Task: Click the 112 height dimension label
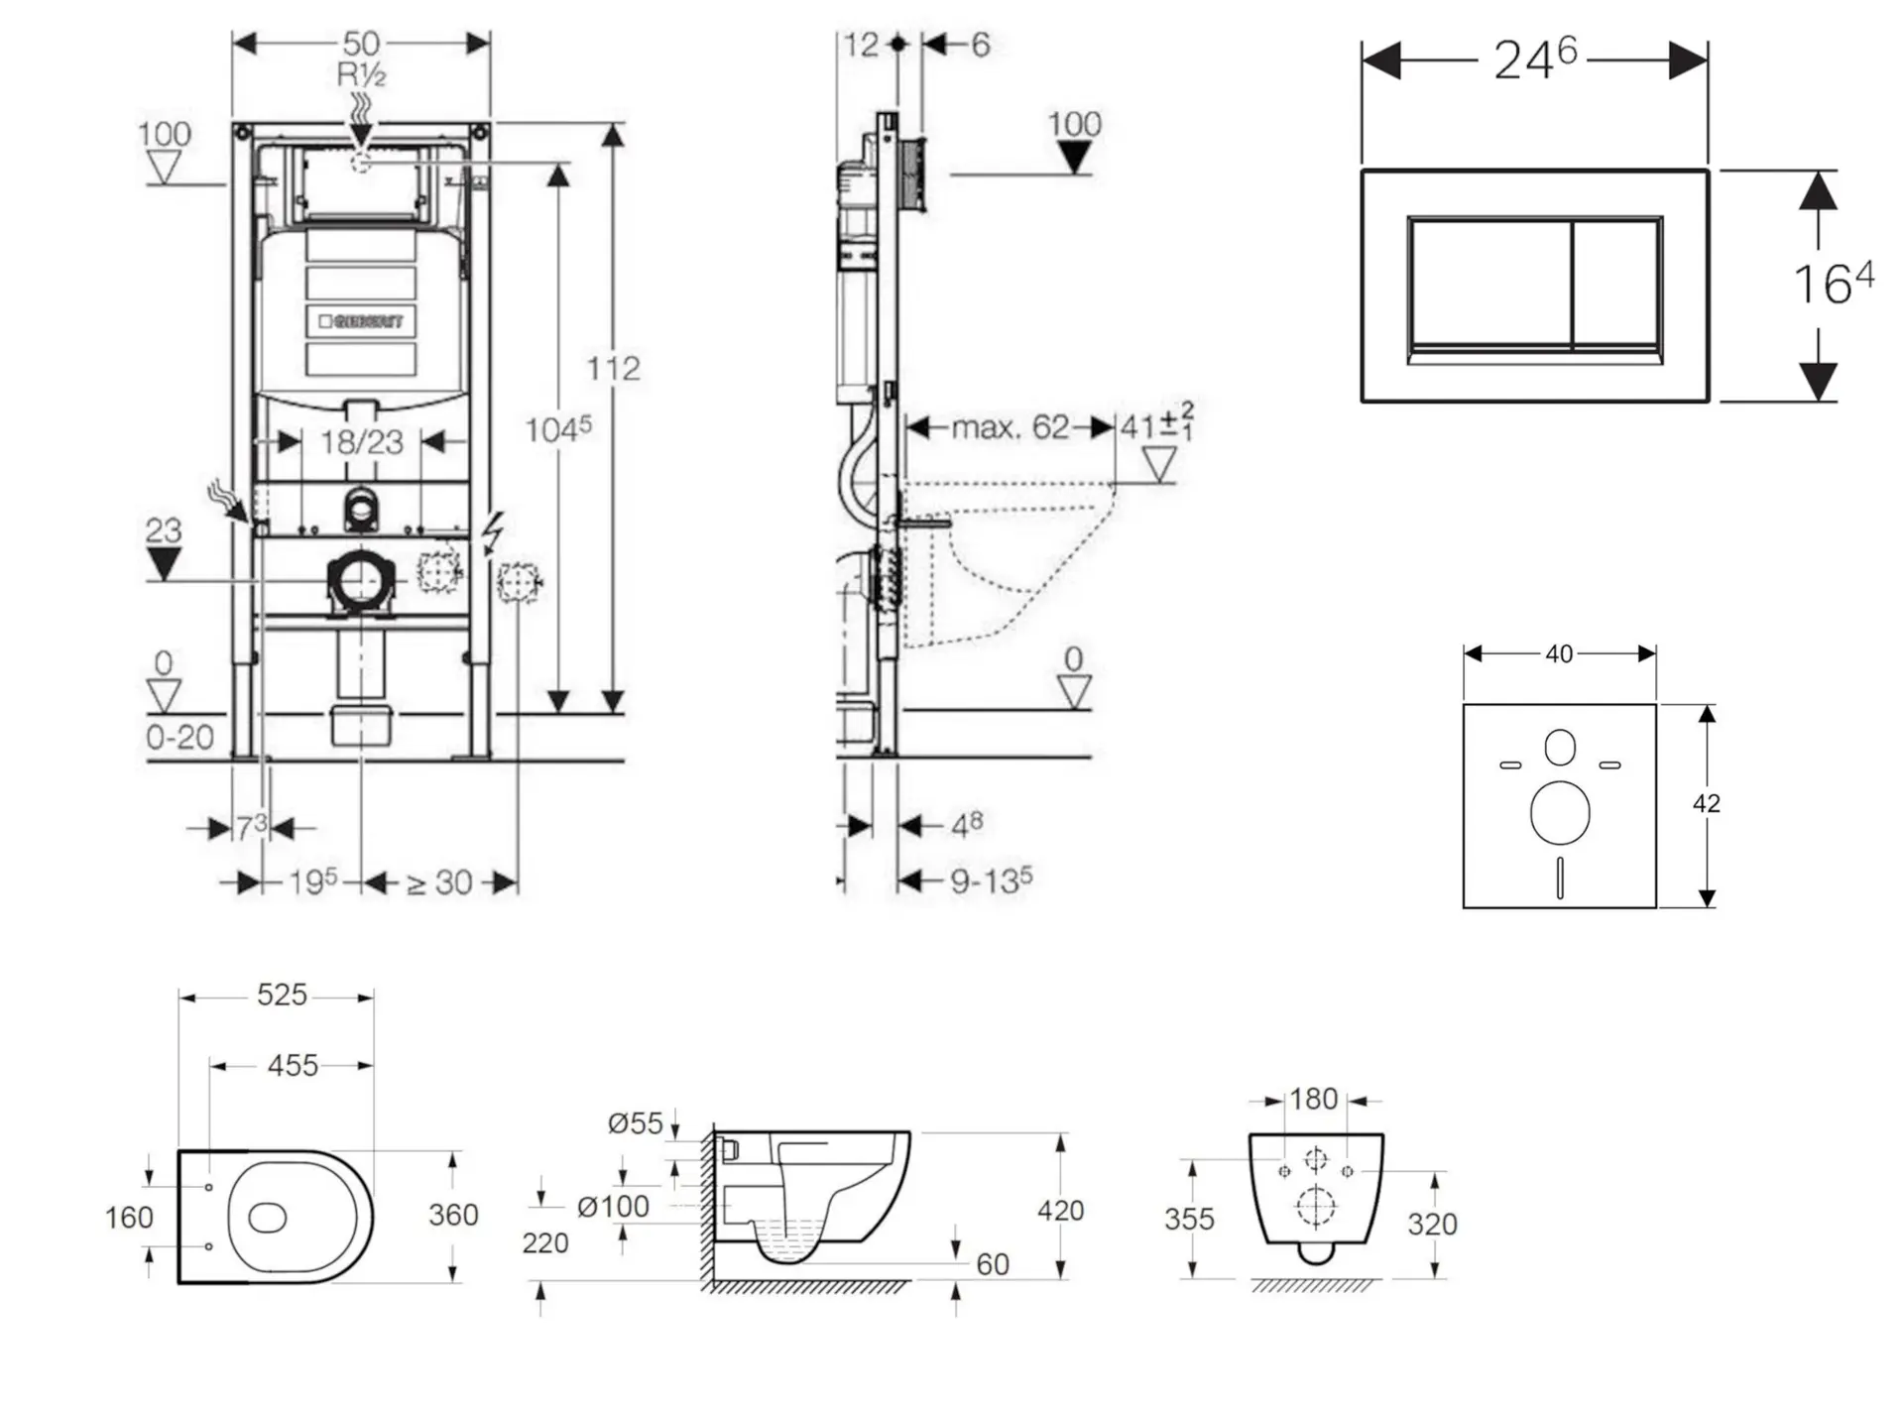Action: click(613, 369)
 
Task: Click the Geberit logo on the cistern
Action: click(361, 321)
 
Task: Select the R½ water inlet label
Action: click(361, 74)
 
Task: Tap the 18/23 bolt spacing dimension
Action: click(361, 442)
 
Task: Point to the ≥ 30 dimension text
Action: click(439, 882)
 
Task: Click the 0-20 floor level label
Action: click(179, 737)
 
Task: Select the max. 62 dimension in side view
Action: click(1010, 427)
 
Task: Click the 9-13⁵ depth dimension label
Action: click(990, 881)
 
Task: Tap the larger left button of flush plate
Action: click(1488, 285)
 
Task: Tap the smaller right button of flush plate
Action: click(1616, 285)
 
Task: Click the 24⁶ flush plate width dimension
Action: click(1534, 59)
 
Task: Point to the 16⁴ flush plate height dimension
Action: click(1833, 284)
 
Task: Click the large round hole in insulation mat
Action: click(1559, 812)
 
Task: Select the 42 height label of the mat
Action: click(1706, 803)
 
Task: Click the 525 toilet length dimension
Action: click(282, 995)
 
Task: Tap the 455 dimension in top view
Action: click(293, 1066)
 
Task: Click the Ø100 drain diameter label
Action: click(613, 1207)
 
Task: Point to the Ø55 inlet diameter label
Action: click(635, 1123)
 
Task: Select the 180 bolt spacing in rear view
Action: click(1313, 1100)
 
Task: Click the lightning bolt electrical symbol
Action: click(492, 533)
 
